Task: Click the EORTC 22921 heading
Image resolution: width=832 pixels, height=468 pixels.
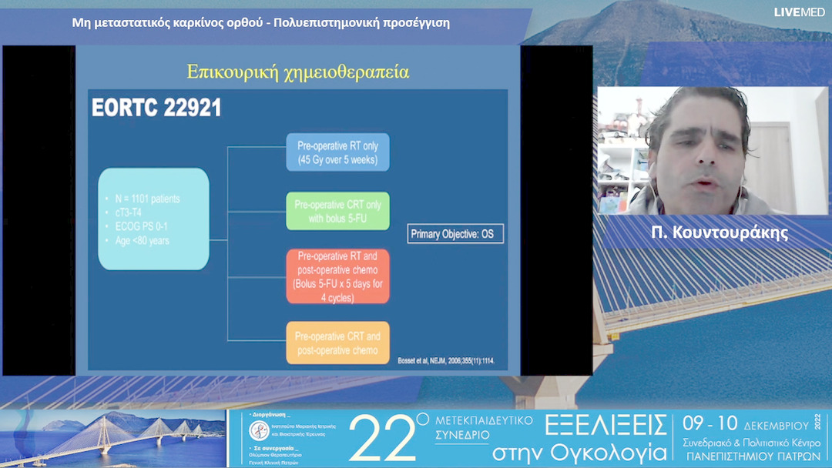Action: click(x=156, y=108)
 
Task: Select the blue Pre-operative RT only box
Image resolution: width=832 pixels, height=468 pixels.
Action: click(x=337, y=152)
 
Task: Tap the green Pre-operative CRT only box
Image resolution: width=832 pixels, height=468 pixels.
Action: click(x=337, y=211)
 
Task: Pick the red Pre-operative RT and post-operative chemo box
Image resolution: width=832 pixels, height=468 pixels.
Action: click(x=337, y=277)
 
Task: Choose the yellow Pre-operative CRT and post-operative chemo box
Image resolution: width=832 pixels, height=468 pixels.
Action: click(x=337, y=343)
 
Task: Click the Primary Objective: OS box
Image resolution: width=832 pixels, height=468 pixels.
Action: click(x=455, y=233)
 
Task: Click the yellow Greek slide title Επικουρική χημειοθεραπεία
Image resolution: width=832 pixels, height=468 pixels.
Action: click(x=297, y=72)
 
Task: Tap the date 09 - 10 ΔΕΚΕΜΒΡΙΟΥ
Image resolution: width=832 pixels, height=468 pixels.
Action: click(x=744, y=425)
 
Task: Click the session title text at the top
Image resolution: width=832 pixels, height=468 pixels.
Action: click(x=260, y=22)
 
